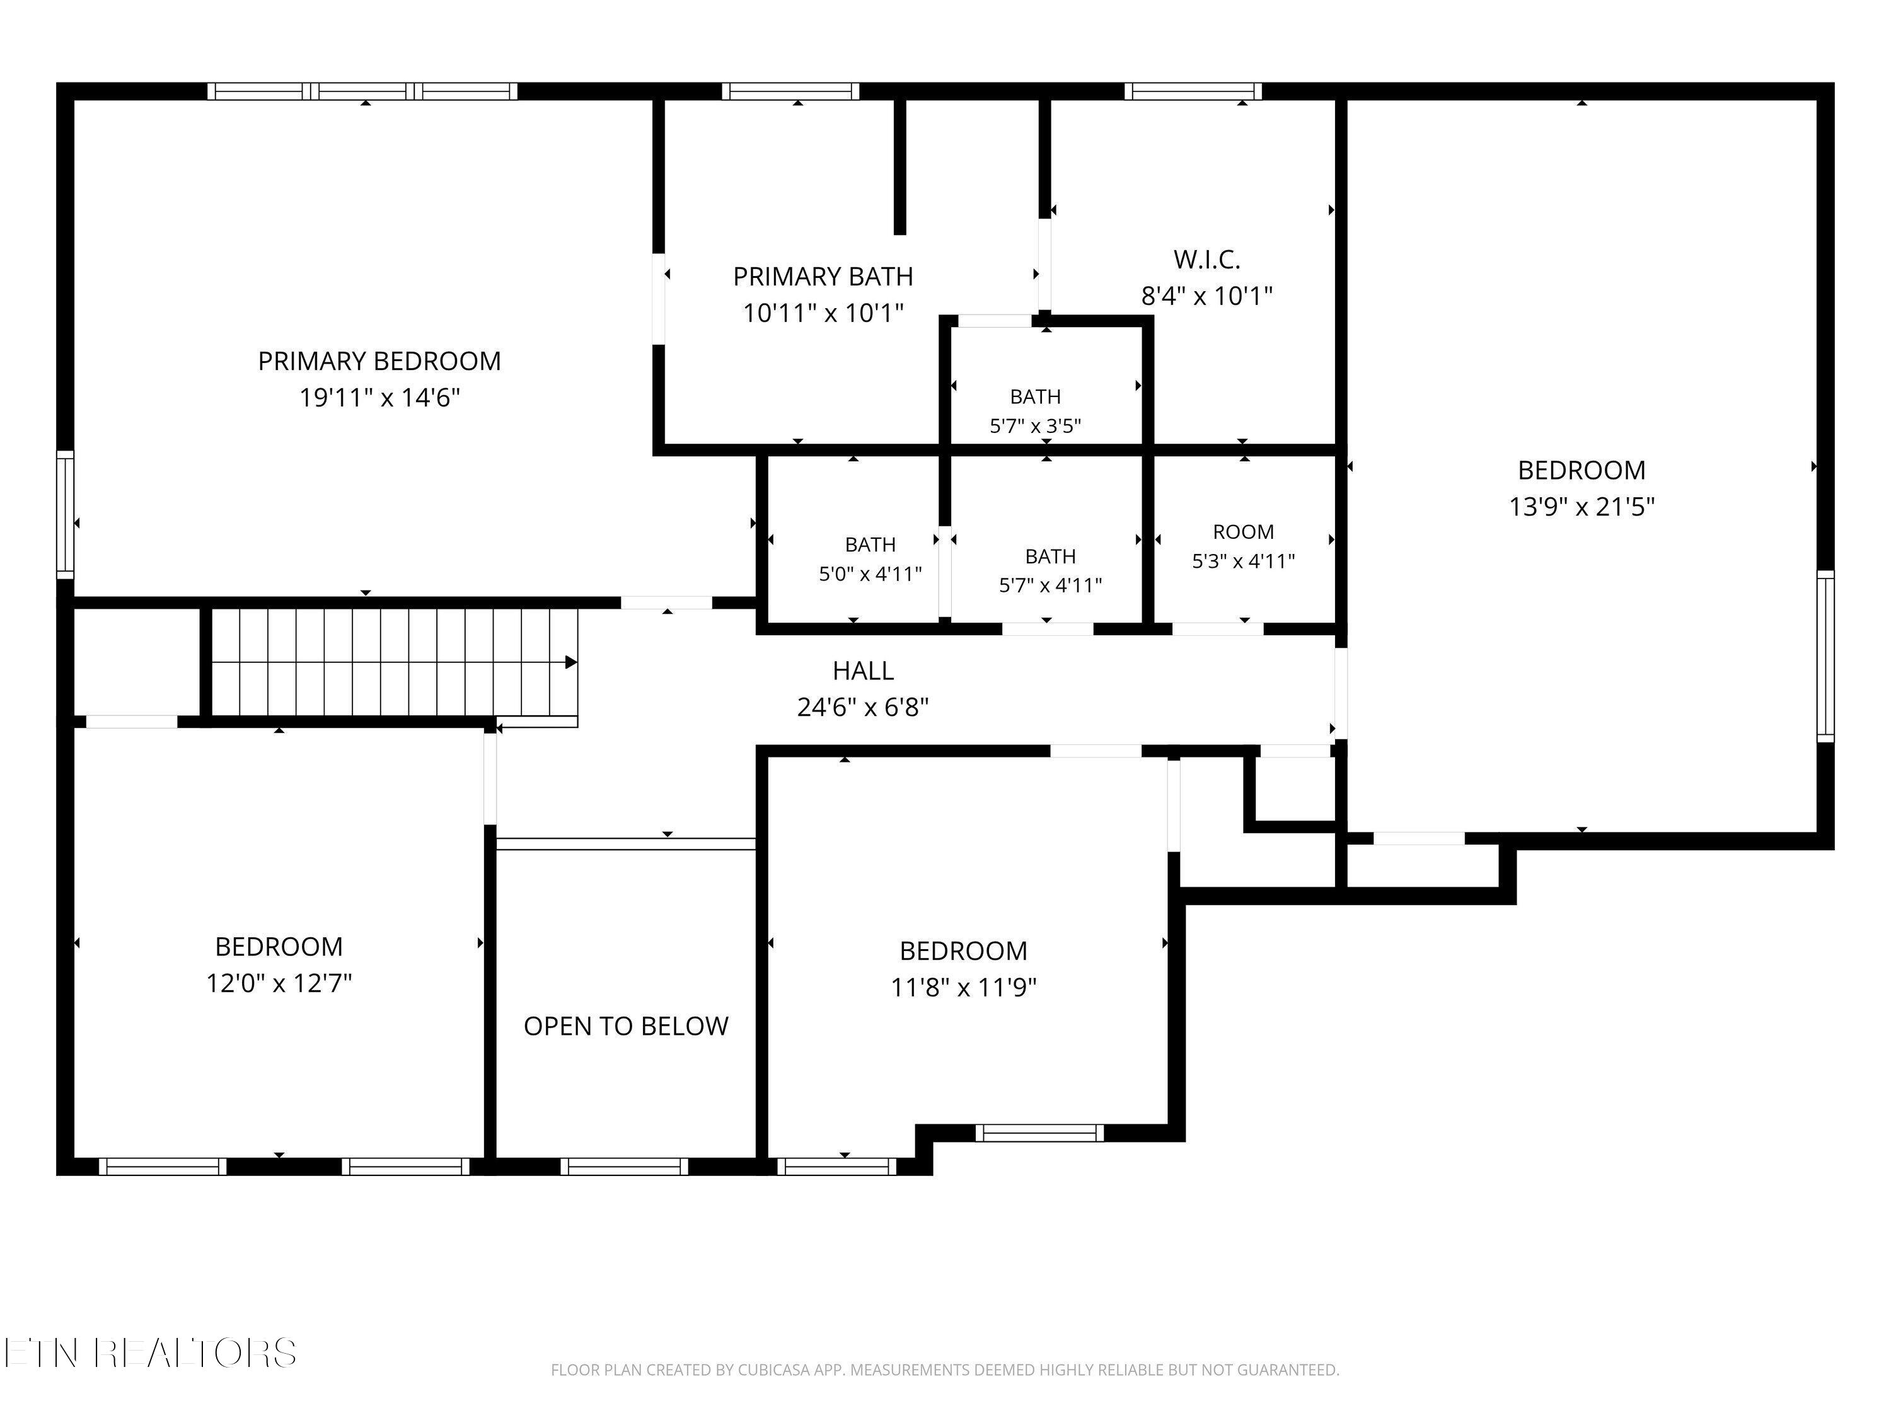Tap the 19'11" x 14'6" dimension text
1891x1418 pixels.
click(x=379, y=398)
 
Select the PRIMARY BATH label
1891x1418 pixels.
click(x=823, y=276)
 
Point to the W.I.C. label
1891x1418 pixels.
click(x=1207, y=259)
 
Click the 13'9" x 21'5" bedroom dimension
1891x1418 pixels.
click(x=1582, y=507)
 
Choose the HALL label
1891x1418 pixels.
click(x=864, y=671)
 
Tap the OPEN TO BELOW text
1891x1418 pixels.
click(x=626, y=1025)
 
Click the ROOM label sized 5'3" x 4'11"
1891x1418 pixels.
click(x=1244, y=532)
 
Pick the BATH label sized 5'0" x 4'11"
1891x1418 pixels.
click(x=870, y=545)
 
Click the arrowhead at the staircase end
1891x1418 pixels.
click(x=571, y=662)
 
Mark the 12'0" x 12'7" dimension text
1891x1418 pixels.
click(x=279, y=984)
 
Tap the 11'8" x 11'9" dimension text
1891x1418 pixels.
click(x=963, y=988)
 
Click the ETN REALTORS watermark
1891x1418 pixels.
click(x=151, y=1353)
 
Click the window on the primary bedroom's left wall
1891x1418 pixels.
click(x=65, y=514)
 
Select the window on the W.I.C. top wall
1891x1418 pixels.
click(x=1193, y=91)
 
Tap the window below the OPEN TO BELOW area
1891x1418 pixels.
click(x=624, y=1167)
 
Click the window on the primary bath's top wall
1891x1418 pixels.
click(x=791, y=91)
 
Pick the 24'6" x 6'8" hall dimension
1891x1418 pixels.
click(x=864, y=708)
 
